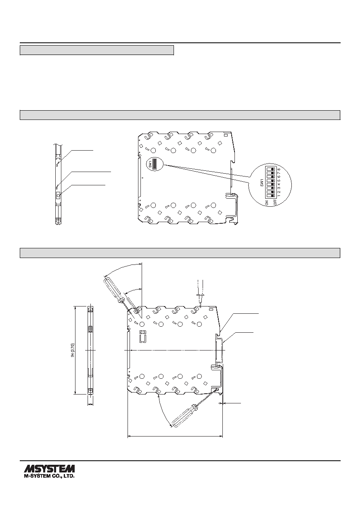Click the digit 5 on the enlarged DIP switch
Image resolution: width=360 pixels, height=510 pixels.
[x=279, y=180]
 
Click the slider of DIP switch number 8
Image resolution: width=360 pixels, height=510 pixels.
[x=272, y=169]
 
